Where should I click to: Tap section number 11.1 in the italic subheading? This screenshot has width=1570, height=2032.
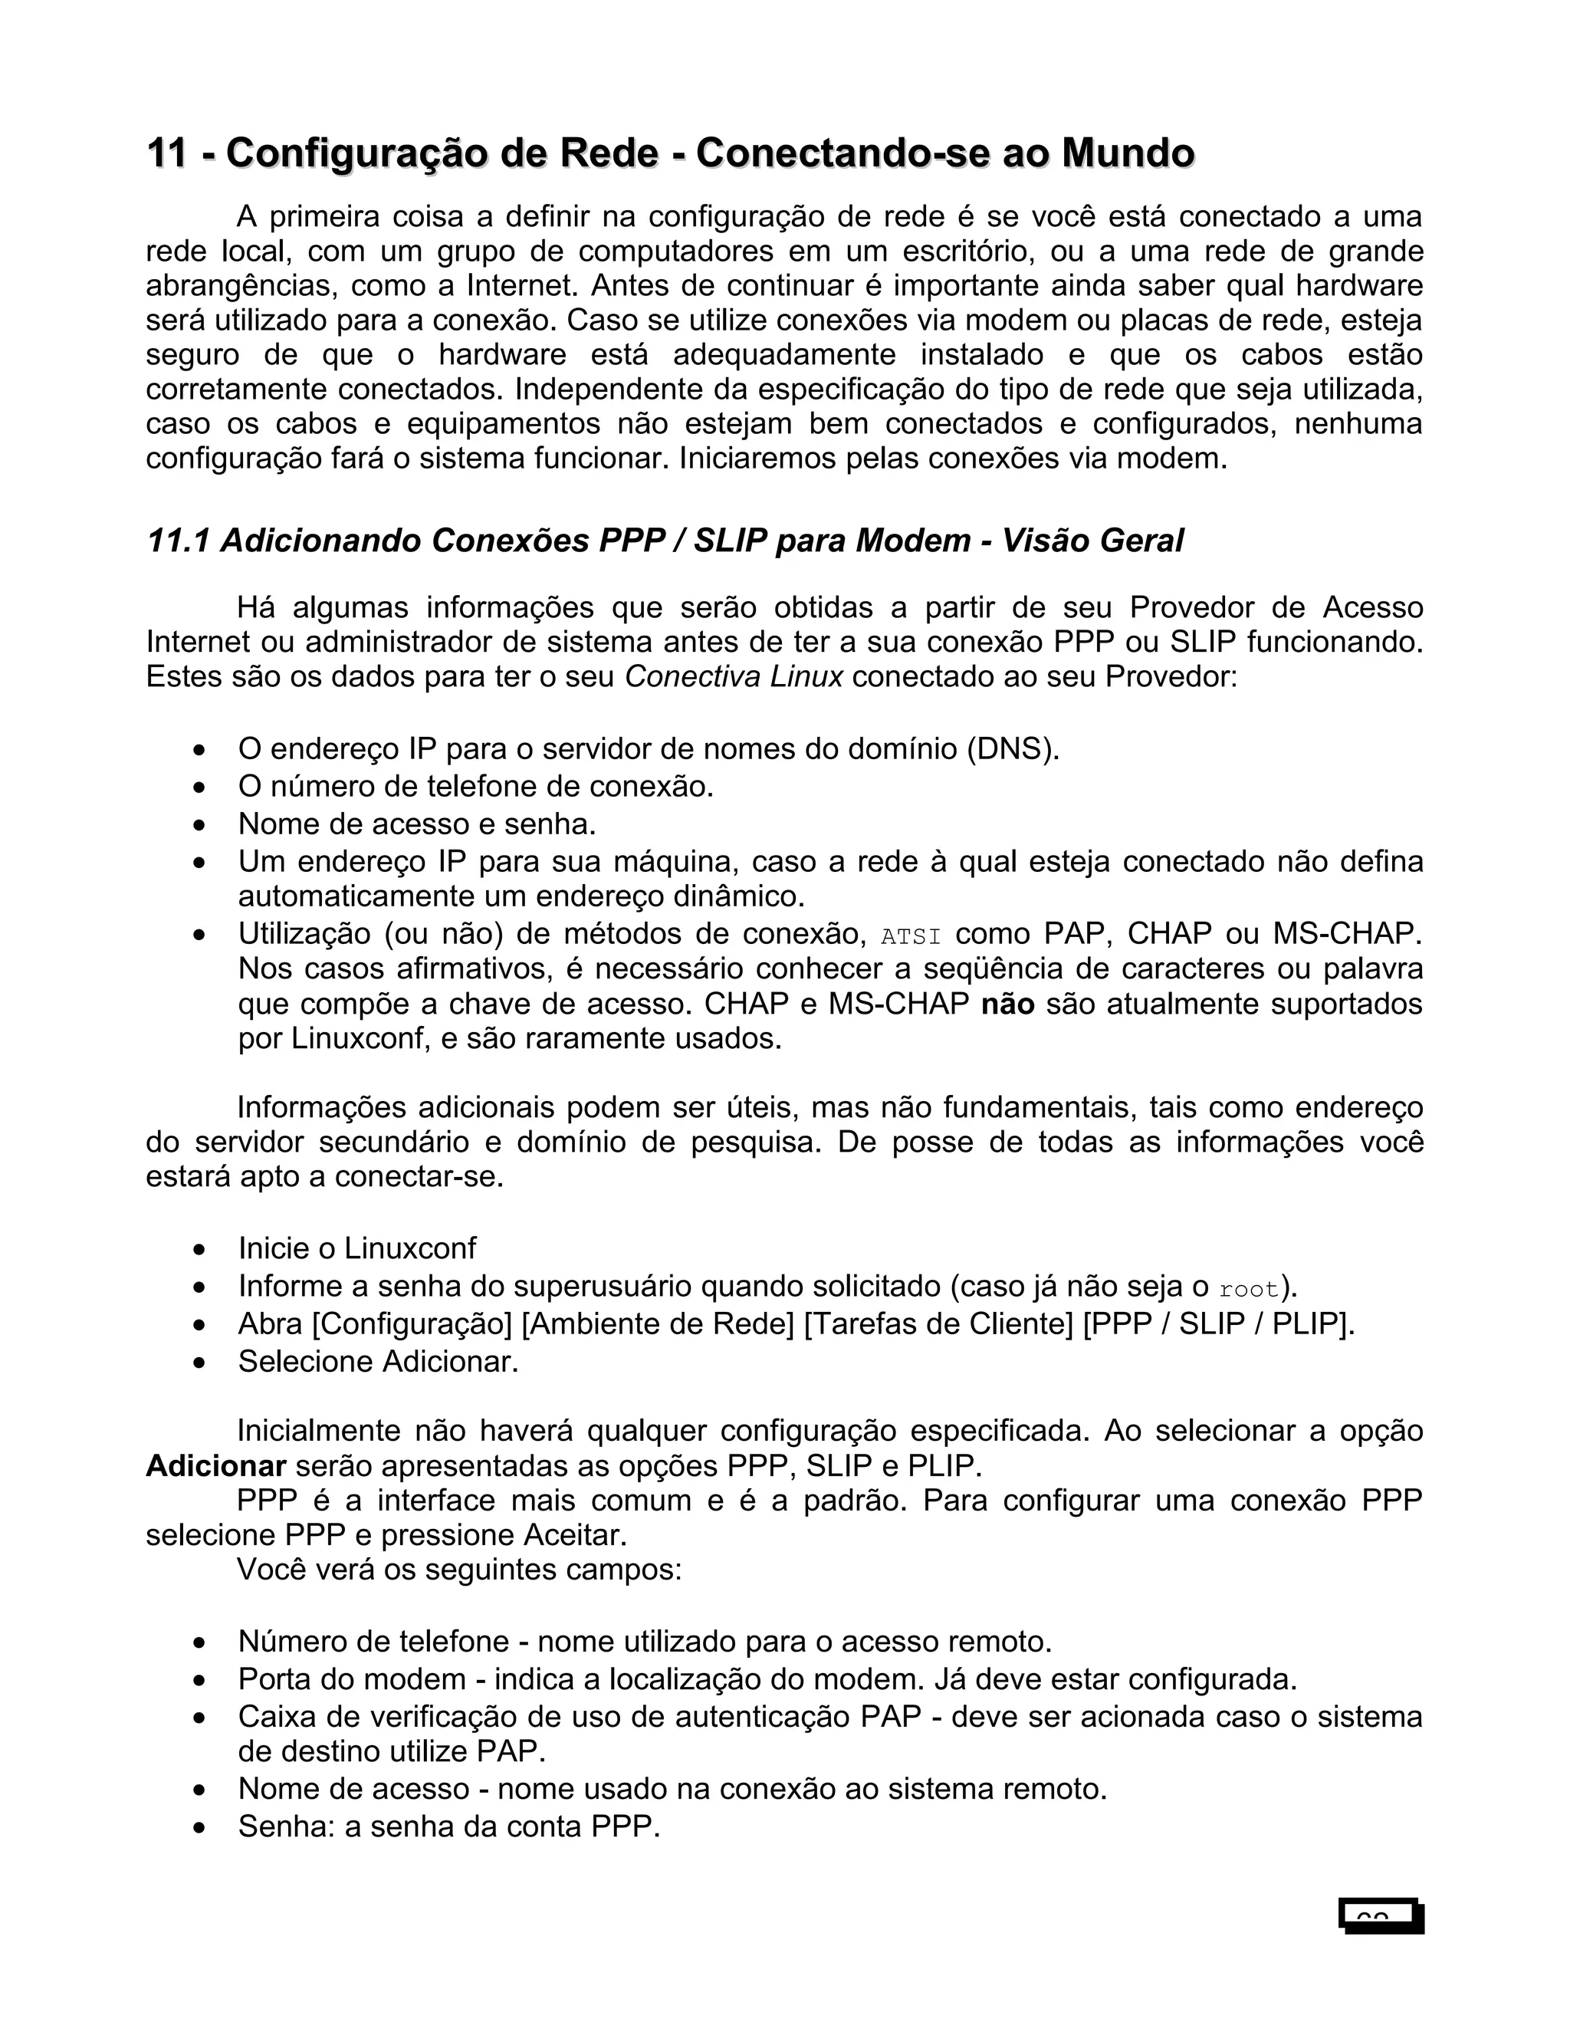click(177, 541)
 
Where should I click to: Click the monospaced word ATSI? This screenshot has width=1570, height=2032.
click(911, 936)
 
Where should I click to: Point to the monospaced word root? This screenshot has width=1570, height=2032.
click(1248, 1290)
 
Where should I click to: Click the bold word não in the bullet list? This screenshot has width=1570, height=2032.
click(1007, 1004)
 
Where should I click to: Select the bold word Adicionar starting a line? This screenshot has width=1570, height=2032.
click(215, 1466)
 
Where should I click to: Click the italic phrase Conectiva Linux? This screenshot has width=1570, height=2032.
click(733, 676)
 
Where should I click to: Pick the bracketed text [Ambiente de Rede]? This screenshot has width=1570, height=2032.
click(658, 1324)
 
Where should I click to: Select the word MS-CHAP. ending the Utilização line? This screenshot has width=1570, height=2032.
click(1347, 933)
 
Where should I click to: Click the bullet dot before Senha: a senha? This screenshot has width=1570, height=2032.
click(199, 1829)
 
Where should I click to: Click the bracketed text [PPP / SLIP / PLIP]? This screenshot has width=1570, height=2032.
click(1218, 1324)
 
